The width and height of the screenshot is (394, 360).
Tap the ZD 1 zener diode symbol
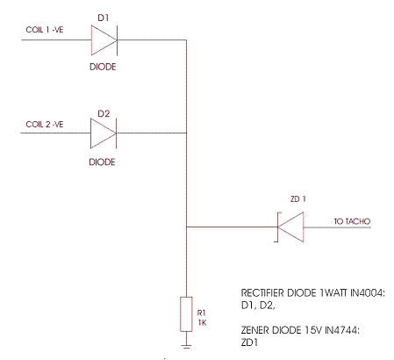pyautogui.click(x=290, y=227)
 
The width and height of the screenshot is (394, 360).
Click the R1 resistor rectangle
pyautogui.click(x=185, y=313)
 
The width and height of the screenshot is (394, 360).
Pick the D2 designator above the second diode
pyautogui.click(x=103, y=112)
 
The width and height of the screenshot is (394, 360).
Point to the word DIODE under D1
pyautogui.click(x=103, y=66)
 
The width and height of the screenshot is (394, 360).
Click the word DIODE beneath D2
pyautogui.click(x=103, y=162)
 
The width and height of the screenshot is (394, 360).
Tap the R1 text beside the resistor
pyautogui.click(x=201, y=310)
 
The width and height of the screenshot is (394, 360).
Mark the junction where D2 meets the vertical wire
pyautogui.click(x=185, y=133)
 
